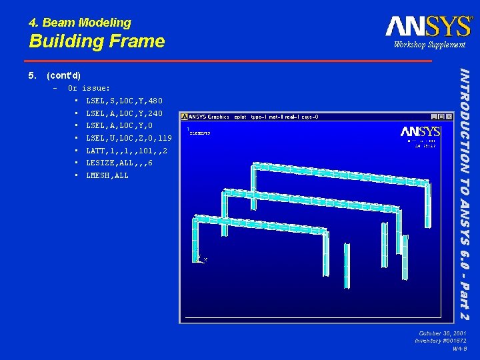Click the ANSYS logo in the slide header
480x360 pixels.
428,26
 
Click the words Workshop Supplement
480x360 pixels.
429,45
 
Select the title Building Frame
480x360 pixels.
97,41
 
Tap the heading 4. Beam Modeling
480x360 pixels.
80,23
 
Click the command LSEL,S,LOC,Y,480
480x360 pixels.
124,101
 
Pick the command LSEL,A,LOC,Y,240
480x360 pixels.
124,113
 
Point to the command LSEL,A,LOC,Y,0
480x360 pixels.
119,126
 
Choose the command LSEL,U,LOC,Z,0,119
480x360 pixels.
129,138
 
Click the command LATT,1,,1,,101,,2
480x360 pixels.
127,151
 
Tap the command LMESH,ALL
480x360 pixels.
107,176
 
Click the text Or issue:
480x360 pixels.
89,88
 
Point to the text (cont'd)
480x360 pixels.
64,75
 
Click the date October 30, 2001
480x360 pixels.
443,333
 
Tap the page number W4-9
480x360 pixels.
459,349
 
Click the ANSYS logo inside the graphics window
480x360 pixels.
420,131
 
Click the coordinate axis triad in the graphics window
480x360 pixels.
201,257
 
